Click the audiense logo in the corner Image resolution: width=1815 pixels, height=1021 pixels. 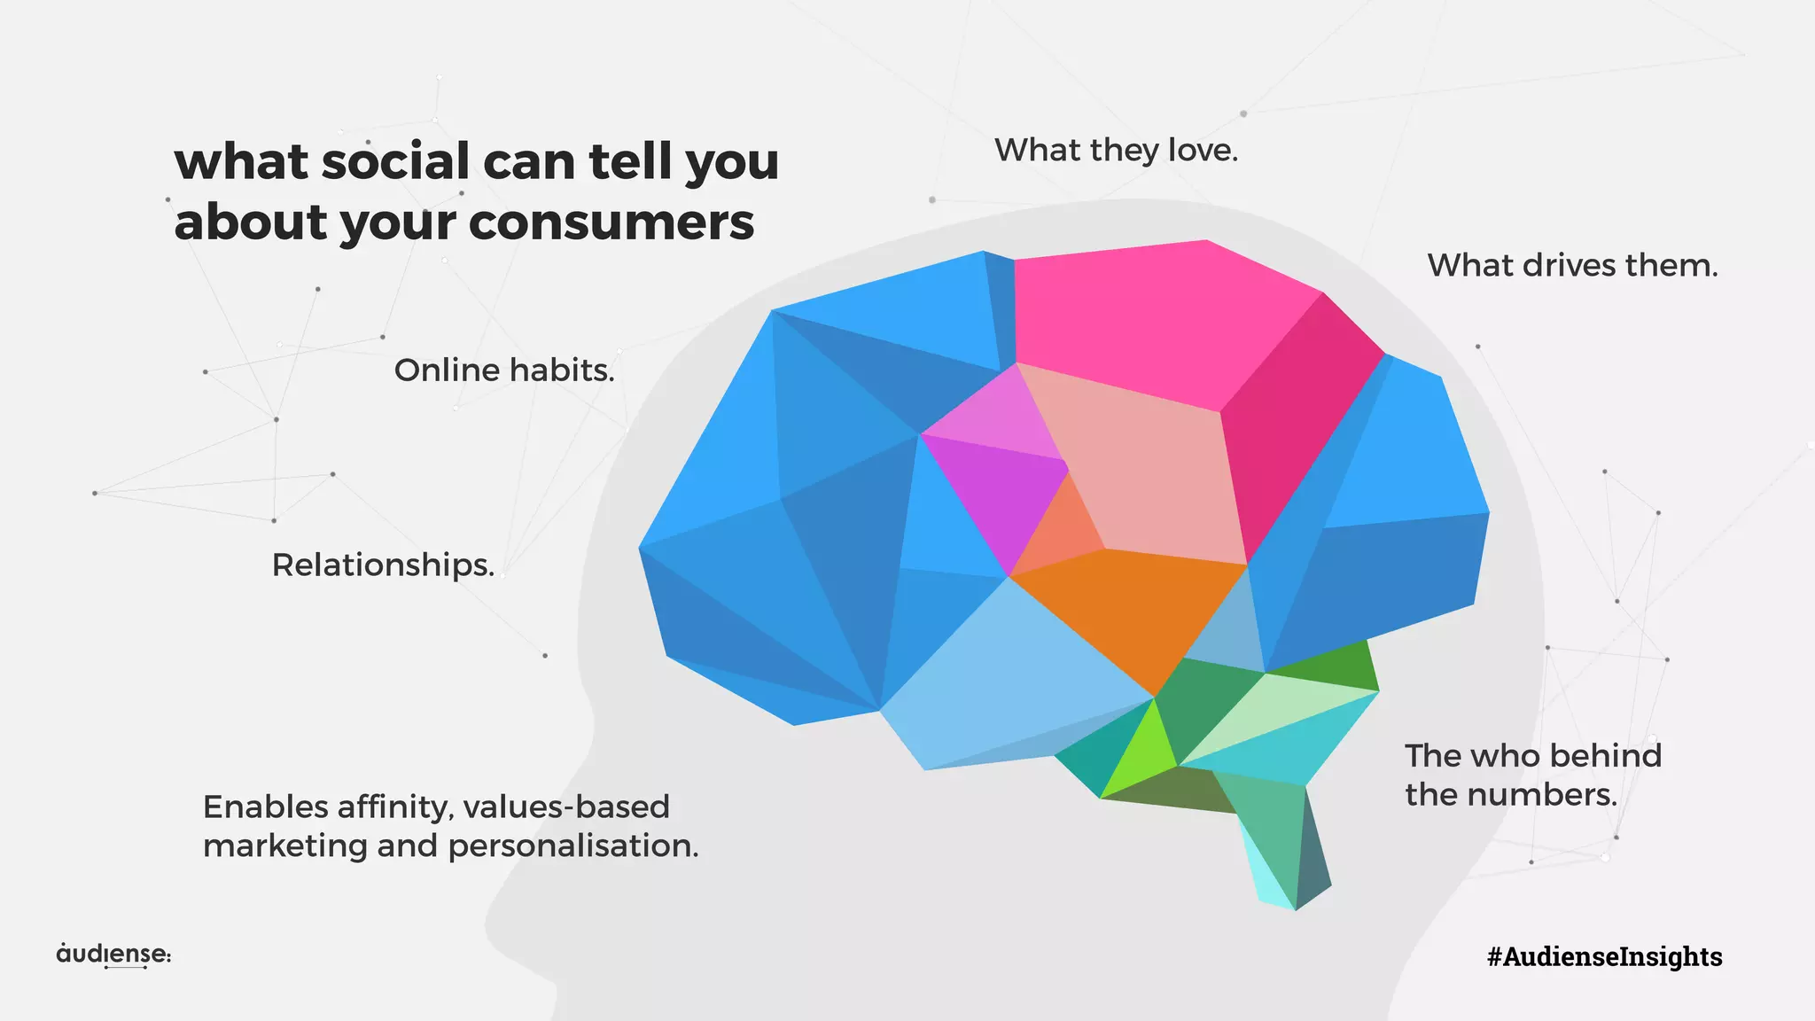point(113,955)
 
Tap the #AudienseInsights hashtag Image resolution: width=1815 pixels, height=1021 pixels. point(1604,956)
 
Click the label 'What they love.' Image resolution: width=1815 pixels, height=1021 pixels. point(1116,150)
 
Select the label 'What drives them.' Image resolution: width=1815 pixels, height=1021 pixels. point(1572,265)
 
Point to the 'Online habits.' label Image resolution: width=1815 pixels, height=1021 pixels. point(504,370)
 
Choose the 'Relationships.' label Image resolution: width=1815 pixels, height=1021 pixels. point(383,565)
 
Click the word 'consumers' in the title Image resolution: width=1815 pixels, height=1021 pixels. point(611,222)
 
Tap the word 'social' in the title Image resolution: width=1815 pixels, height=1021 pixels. point(395,161)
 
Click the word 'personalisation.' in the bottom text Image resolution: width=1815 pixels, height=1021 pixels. point(573,846)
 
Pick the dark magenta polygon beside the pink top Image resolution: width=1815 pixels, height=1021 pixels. point(1294,417)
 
